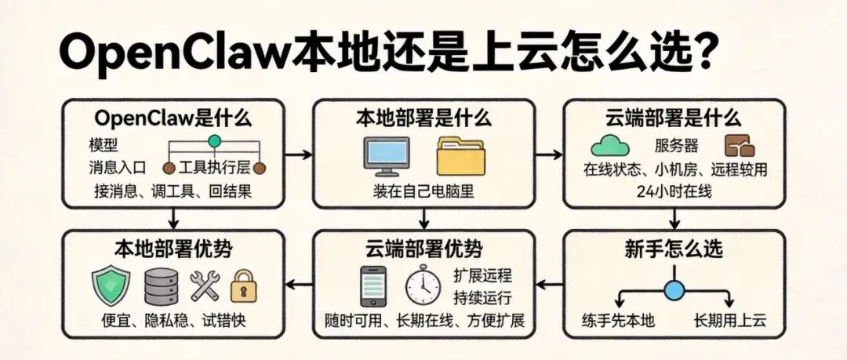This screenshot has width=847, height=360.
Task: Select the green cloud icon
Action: [x=610, y=146]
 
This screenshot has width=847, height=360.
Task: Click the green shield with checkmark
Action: [x=107, y=285]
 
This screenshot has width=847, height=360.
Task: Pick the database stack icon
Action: [x=162, y=285]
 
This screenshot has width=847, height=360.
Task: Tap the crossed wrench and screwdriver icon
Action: [x=203, y=286]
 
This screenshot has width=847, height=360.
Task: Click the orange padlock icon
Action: [x=245, y=287]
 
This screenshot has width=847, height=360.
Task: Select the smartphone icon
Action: [x=373, y=285]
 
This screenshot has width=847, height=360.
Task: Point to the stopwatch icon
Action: [x=422, y=286]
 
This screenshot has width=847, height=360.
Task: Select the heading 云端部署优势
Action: [x=423, y=250]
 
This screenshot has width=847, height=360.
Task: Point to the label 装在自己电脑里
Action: [x=423, y=191]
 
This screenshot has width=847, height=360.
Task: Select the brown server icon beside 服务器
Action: [x=739, y=146]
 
